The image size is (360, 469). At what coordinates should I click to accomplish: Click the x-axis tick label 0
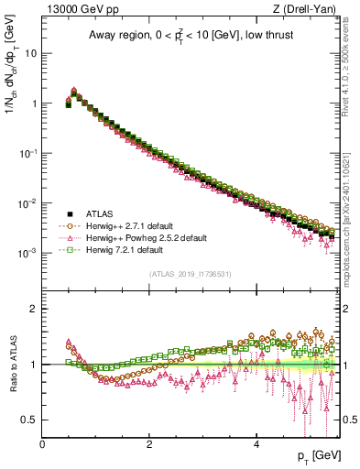[42, 444]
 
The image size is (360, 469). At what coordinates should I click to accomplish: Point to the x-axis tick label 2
[149, 444]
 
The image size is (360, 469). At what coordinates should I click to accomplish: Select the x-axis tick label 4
[256, 444]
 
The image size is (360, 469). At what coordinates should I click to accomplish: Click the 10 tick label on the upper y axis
[31, 53]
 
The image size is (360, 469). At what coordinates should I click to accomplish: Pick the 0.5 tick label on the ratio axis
[29, 420]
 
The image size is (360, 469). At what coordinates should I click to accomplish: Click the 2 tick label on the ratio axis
[34, 309]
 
